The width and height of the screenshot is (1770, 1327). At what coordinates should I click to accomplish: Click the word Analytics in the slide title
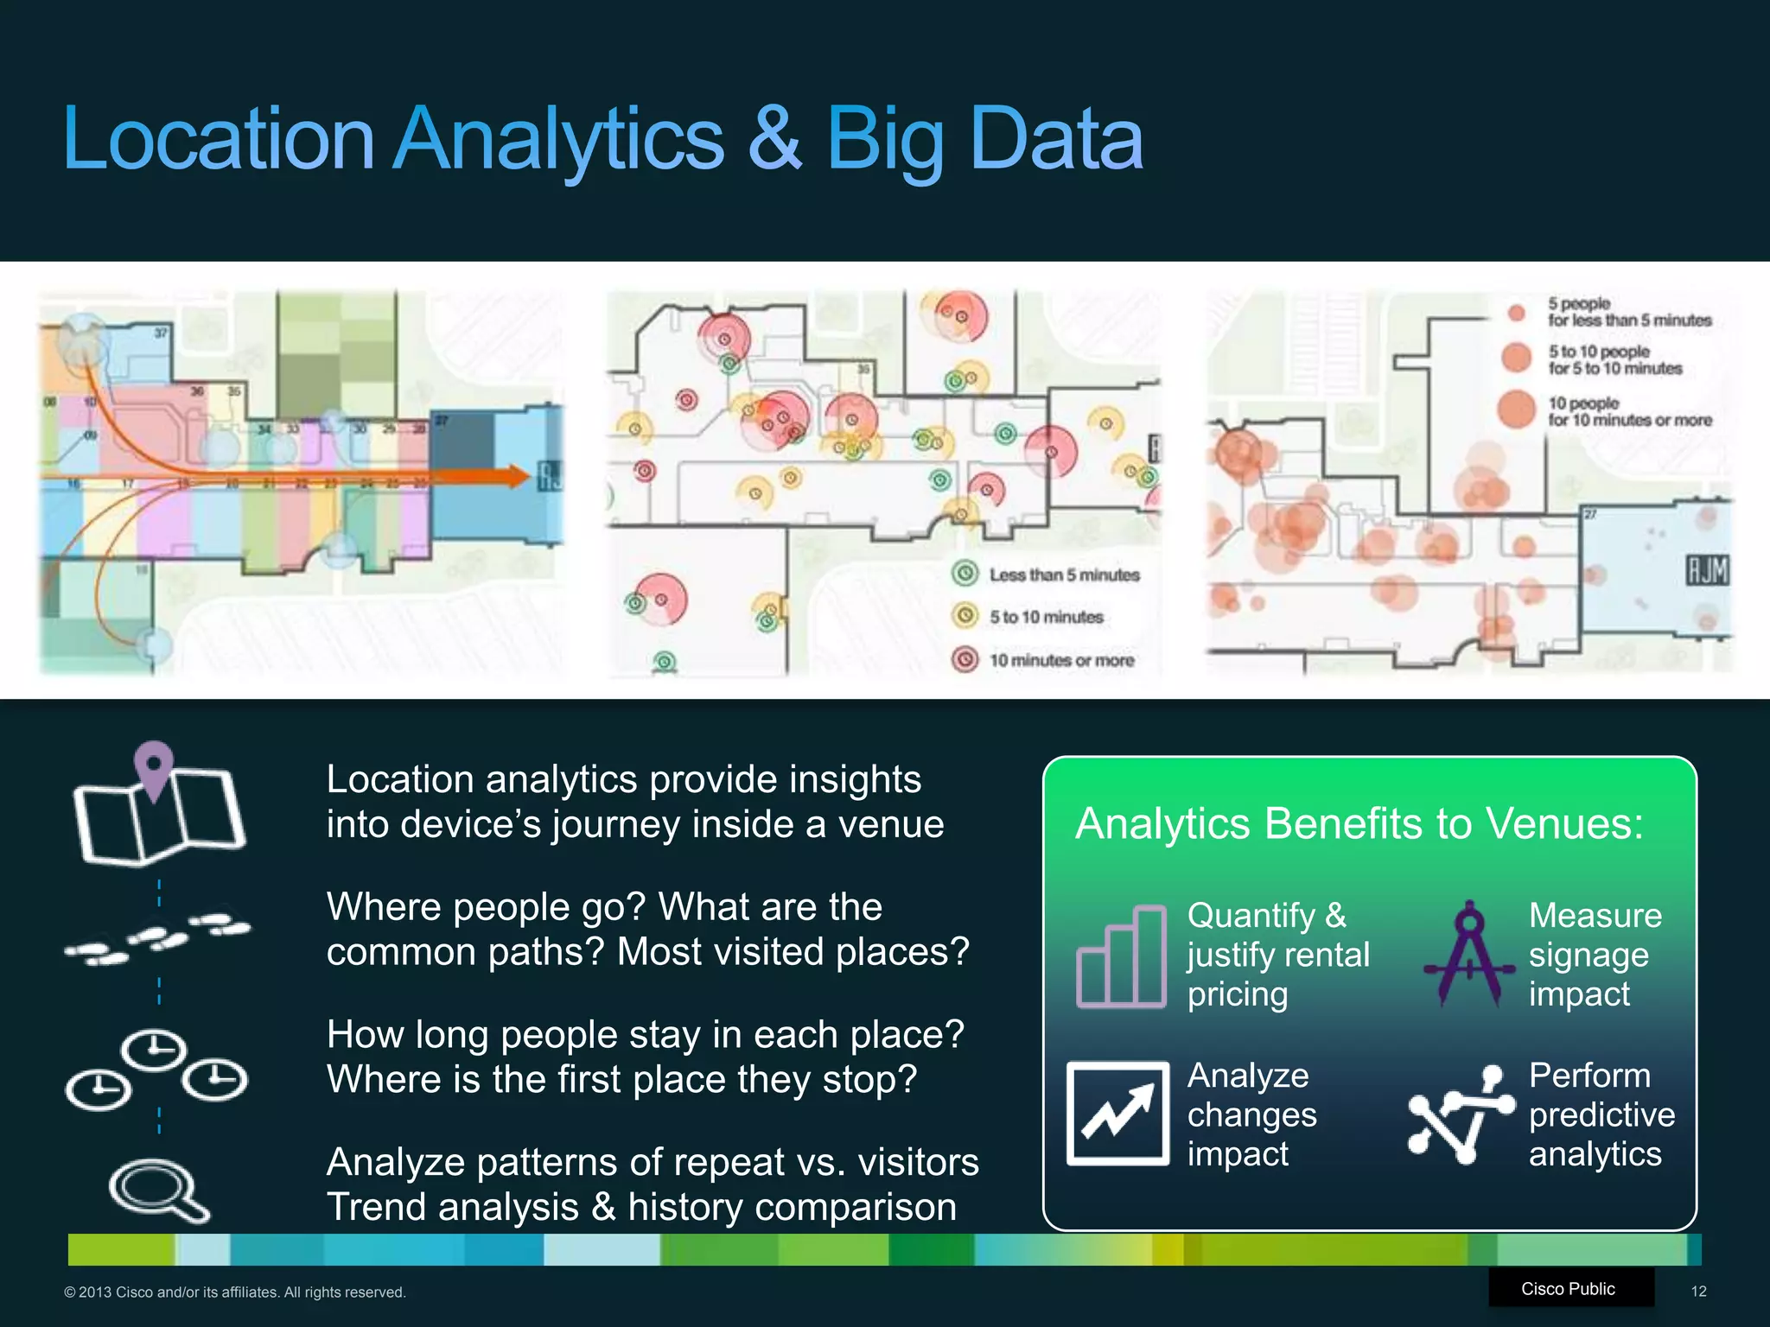tap(558, 138)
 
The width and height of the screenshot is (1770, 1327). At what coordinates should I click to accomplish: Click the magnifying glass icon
tap(157, 1190)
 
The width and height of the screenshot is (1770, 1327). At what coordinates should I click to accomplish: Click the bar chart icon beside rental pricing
tap(1121, 957)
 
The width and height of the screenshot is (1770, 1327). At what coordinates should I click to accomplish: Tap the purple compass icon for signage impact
tap(1468, 956)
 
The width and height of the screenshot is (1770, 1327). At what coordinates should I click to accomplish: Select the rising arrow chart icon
tap(1118, 1114)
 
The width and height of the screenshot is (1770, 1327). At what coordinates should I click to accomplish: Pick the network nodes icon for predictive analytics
tap(1461, 1114)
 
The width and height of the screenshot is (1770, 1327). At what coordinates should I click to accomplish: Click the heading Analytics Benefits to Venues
tap(1359, 823)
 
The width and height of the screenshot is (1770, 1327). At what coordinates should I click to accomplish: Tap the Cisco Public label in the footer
tap(1568, 1289)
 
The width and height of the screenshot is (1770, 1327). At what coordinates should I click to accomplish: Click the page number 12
tap(1698, 1292)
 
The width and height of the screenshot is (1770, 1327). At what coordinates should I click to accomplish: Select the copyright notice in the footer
tap(234, 1292)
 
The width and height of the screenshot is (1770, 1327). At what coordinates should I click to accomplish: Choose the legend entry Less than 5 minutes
tap(1063, 575)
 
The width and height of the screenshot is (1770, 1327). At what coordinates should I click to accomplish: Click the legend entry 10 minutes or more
tap(1060, 660)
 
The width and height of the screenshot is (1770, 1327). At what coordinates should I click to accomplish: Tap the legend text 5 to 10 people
tap(1598, 352)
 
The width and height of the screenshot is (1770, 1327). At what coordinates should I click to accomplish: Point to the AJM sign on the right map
tap(1708, 570)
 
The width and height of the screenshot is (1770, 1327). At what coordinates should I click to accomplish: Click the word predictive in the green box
tap(1601, 1114)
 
